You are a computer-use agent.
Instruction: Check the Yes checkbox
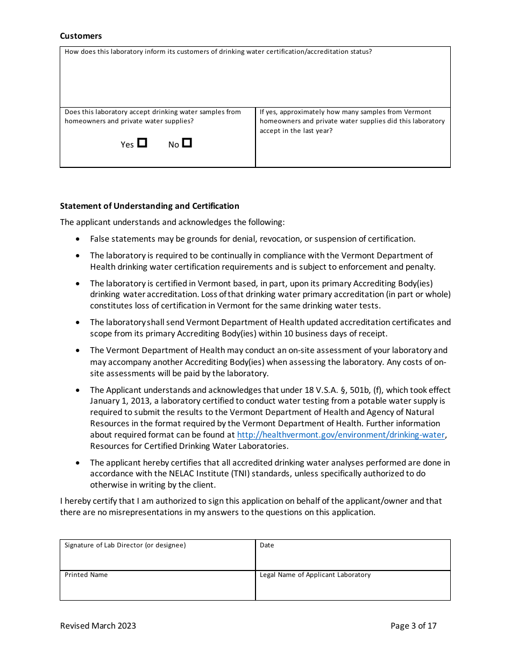(142, 143)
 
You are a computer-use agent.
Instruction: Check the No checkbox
(187, 143)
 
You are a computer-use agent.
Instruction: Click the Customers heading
(81, 36)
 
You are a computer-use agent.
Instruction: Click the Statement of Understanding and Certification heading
(150, 206)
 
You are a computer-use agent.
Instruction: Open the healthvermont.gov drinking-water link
(341, 435)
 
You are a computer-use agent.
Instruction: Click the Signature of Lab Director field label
(125, 545)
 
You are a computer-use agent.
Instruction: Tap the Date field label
(267, 545)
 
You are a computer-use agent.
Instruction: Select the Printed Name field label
(86, 575)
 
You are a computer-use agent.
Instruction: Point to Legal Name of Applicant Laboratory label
(315, 575)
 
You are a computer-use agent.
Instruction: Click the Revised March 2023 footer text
(98, 625)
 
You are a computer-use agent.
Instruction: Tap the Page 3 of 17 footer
(413, 625)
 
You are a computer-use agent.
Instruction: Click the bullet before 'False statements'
(79, 239)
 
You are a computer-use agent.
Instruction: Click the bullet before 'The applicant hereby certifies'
(79, 463)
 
